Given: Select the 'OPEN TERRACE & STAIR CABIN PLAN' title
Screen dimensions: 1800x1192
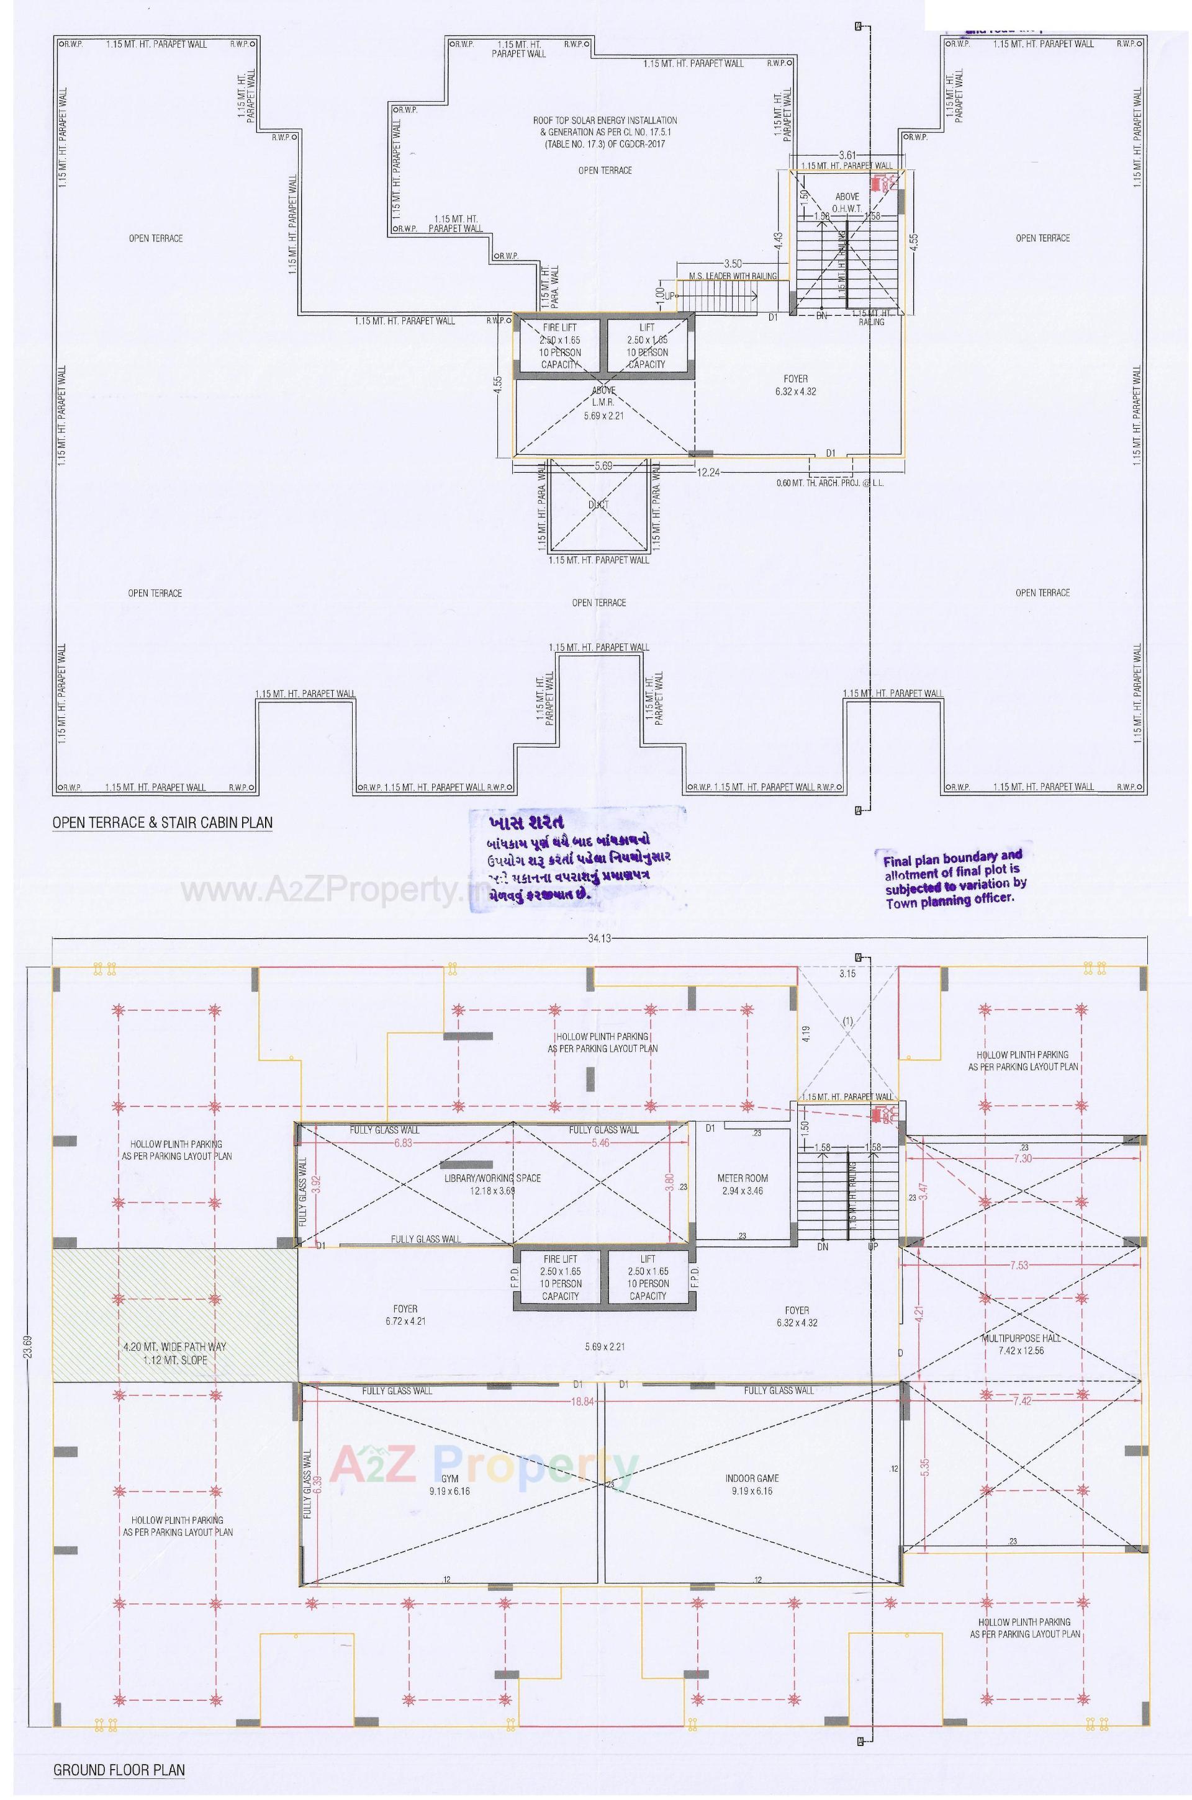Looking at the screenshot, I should point(162,822).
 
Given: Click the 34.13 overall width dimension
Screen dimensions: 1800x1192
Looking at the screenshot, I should point(599,938).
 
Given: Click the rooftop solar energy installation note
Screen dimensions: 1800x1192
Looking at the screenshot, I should point(604,132).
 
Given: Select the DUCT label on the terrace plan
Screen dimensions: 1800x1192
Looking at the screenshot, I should point(598,504).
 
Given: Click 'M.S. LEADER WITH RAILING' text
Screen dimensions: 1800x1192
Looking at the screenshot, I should point(732,276).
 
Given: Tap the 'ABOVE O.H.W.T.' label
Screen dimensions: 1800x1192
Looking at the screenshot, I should point(847,202).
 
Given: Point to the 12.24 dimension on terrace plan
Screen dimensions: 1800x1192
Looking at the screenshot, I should point(708,472).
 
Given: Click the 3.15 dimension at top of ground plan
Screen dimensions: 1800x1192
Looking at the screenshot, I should point(847,974).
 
